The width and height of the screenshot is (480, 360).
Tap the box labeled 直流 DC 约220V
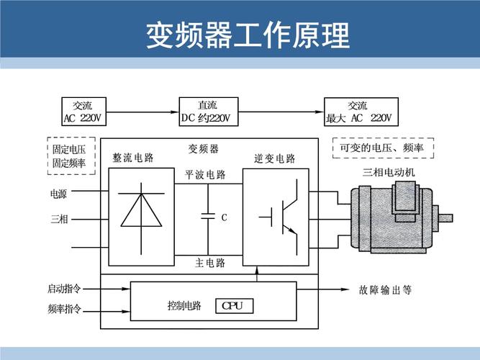pos(208,112)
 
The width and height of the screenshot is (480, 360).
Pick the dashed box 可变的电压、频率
pos(381,148)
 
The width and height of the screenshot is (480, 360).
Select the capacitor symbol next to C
pos(207,215)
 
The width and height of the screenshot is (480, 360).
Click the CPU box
pos(235,306)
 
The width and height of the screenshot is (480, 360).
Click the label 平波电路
pos(205,174)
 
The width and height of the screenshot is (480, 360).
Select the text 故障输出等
pos(385,291)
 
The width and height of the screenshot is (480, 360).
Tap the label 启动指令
pos(65,289)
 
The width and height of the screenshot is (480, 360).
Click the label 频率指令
pos(65,310)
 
